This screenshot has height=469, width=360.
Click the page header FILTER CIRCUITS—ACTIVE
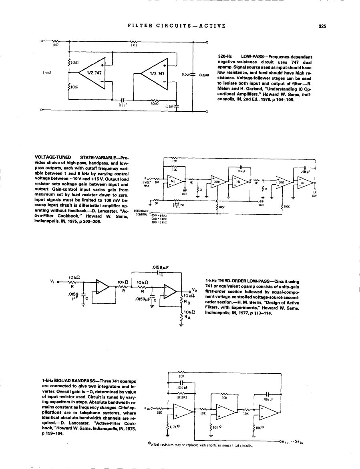coord(177,26)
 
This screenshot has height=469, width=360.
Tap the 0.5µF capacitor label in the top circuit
coord(186,74)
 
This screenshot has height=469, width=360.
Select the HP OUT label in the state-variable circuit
coord(185,192)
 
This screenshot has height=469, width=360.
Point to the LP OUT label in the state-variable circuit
coord(315,194)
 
